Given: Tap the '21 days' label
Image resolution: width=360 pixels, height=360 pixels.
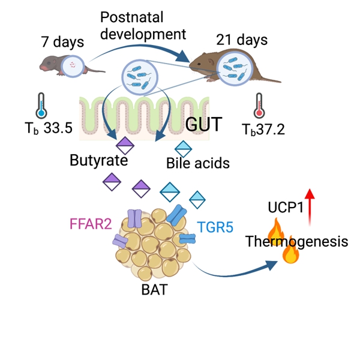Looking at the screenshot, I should pyautogui.click(x=241, y=41).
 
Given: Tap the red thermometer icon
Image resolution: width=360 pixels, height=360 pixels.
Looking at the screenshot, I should pyautogui.click(x=259, y=106).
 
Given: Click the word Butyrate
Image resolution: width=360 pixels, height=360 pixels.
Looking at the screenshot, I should pyautogui.click(x=97, y=161).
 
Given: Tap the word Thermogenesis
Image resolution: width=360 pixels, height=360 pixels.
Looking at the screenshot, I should pyautogui.click(x=296, y=242).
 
